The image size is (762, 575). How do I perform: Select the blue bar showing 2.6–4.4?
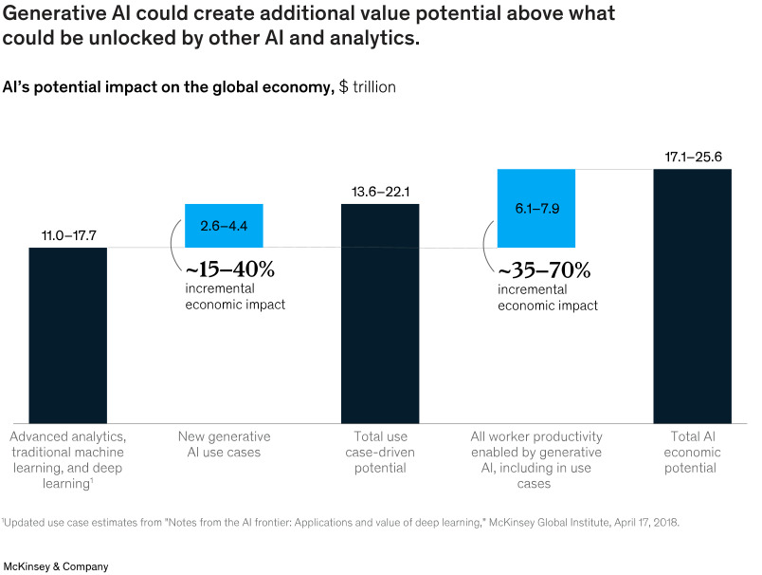tap(224, 226)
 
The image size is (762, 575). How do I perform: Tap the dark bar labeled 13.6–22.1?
tap(380, 313)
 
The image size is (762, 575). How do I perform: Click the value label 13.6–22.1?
tap(380, 193)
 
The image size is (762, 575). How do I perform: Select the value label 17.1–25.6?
tap(693, 155)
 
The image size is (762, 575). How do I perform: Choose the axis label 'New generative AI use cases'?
tap(224, 444)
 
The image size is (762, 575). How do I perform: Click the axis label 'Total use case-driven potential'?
tap(380, 452)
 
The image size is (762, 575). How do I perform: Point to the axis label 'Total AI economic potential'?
tap(693, 452)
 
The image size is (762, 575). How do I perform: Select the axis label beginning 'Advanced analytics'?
tap(67, 460)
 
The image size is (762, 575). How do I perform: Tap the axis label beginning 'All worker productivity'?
tap(536, 460)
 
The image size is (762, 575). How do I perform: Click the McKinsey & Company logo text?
tap(56, 566)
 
